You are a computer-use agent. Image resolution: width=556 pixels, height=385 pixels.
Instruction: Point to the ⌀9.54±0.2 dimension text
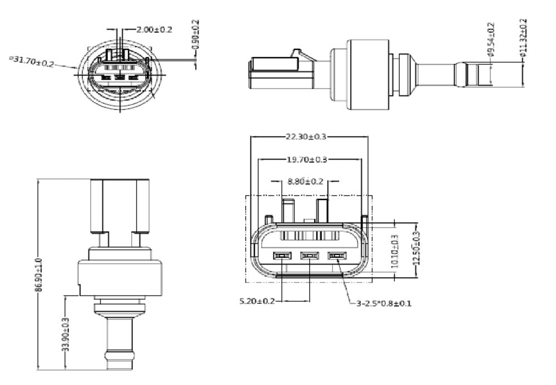[490, 39]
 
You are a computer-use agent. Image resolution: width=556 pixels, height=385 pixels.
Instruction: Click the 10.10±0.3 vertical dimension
[396, 251]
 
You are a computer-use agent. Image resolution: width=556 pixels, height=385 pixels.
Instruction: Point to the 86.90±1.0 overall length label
[38, 274]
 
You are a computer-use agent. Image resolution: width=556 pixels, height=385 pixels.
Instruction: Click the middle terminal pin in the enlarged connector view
[309, 256]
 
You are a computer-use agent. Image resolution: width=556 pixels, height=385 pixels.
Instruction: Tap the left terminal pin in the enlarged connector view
[282, 256]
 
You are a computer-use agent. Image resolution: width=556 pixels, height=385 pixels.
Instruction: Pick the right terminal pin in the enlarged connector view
[335, 256]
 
